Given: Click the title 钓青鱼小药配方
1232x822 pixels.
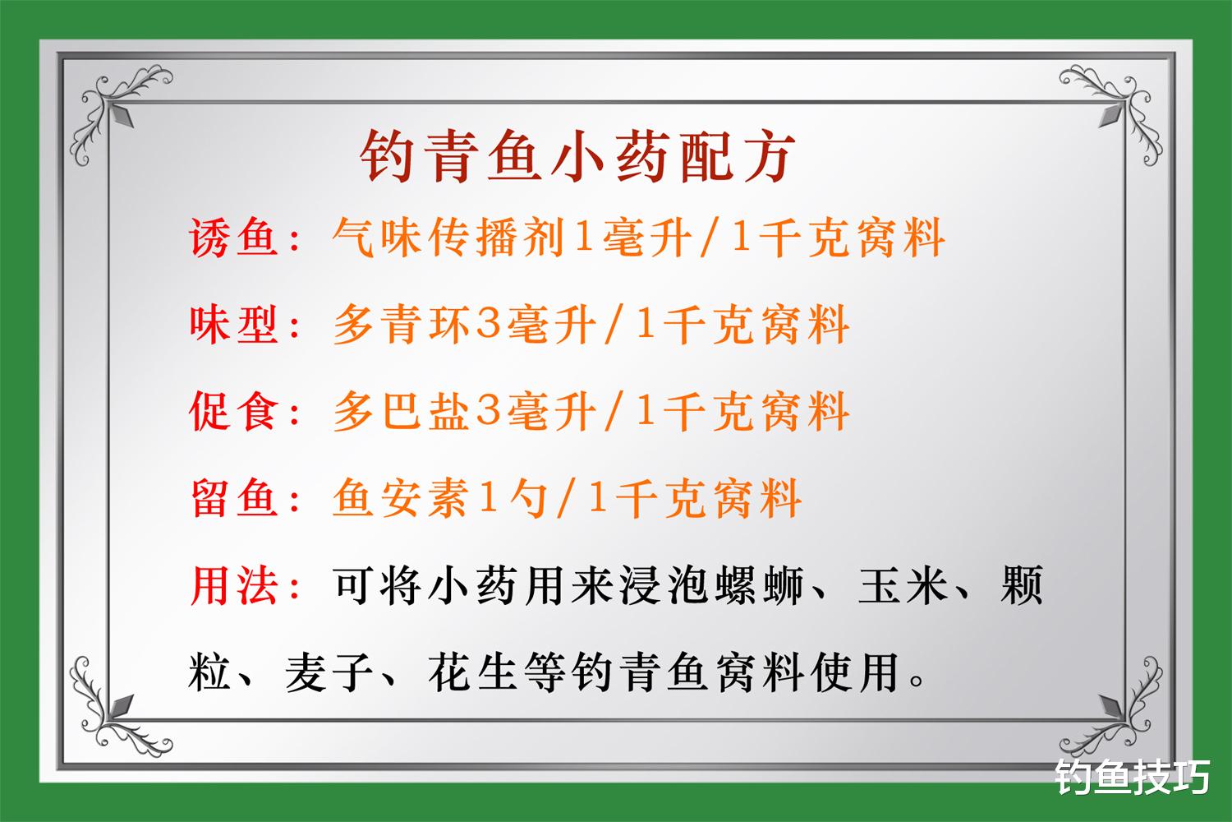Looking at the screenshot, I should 578,156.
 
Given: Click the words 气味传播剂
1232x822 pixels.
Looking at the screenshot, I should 448,238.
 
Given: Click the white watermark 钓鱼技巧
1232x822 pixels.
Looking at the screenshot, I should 1133,777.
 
